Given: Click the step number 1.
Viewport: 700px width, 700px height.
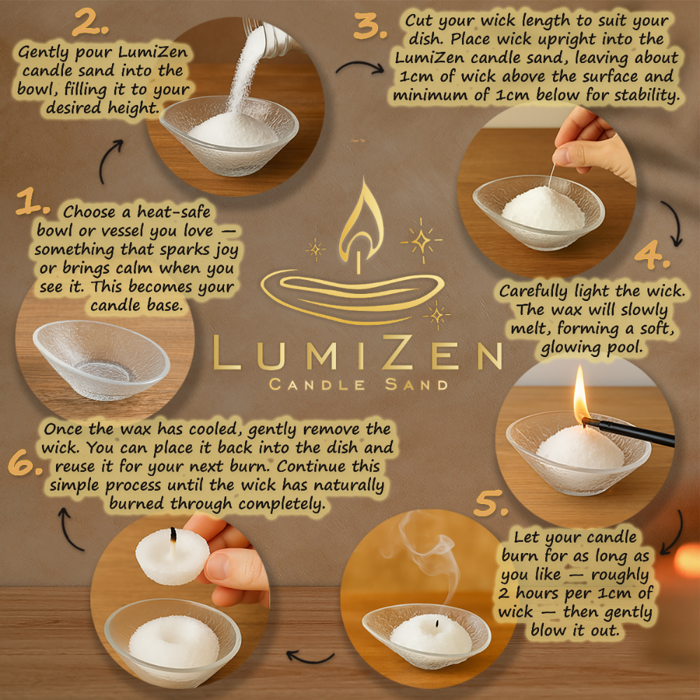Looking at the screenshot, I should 32,204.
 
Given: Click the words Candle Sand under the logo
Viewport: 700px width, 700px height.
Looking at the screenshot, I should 358,384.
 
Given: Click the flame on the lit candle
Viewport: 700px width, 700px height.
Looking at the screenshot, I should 580,395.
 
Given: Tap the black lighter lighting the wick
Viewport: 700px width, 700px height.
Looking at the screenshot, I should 630,433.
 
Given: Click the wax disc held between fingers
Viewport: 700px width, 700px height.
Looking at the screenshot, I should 171,556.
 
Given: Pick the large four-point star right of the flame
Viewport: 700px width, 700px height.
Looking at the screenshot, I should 421,239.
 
